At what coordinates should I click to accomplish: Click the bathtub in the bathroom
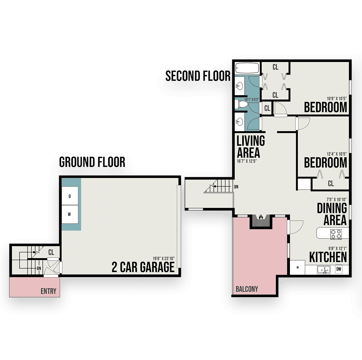pos(247,68)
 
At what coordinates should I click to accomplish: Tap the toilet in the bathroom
pos(241,104)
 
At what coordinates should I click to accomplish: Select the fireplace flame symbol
pos(261,217)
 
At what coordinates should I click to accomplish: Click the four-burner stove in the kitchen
pos(336,234)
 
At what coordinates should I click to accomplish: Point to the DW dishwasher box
pos(339,269)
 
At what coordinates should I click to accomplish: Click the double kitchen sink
pos(324,269)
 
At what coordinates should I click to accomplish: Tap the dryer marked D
pos(70,196)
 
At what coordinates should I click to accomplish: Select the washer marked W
pos(70,214)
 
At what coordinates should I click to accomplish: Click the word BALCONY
pos(247,289)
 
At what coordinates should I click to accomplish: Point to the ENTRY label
pos(48,291)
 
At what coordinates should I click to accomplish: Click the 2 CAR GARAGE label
pos(143,267)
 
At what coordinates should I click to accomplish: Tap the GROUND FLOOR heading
pos(92,162)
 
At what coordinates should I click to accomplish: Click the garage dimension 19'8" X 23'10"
pos(163,258)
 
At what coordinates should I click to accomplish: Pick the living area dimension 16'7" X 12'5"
pos(247,161)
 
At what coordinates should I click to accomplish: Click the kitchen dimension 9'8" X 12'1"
pos(337,248)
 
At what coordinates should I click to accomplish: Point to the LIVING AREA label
pos(251,147)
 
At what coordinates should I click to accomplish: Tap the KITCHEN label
pos(328,257)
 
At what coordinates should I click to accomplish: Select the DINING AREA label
pos(332,214)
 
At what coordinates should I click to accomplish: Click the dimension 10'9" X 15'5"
pos(337,98)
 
